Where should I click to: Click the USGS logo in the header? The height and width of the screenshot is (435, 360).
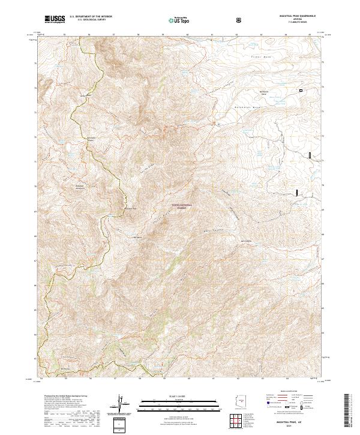pyautogui.click(x=55, y=20)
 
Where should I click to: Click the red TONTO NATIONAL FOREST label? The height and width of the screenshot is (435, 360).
pyautogui.click(x=182, y=206)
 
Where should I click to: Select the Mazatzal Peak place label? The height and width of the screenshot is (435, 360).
pyautogui.click(x=131, y=209)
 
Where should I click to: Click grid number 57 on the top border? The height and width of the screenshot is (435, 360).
pyautogui.click(x=114, y=35)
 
